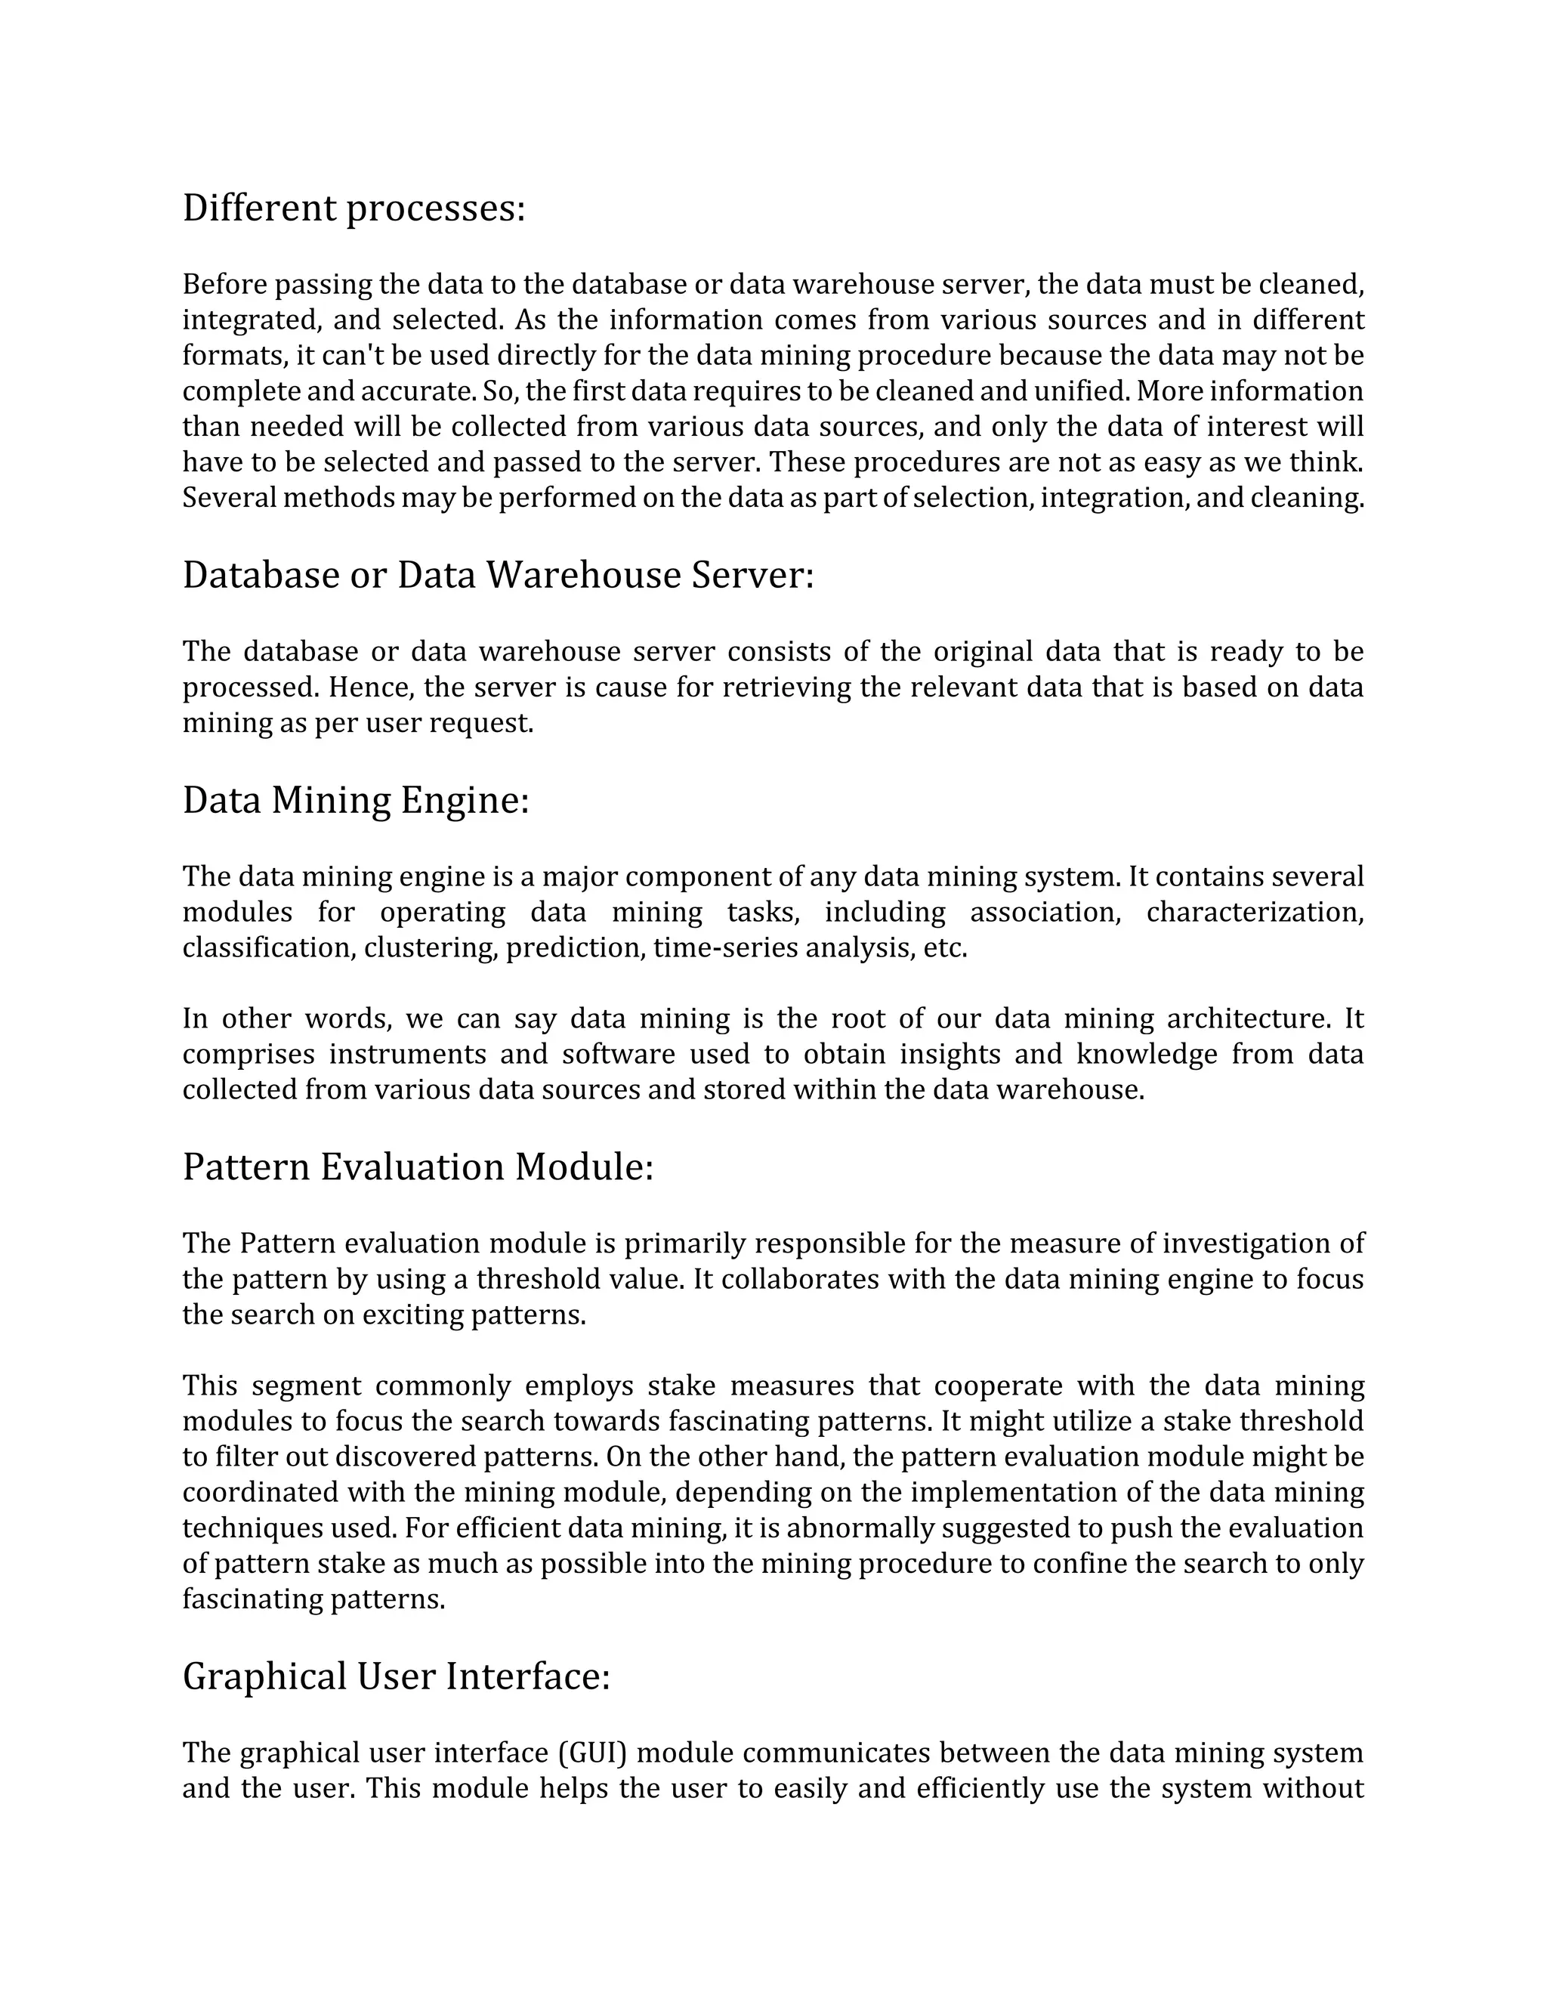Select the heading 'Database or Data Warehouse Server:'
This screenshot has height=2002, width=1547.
click(x=498, y=576)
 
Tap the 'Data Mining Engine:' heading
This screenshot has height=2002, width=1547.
click(x=356, y=800)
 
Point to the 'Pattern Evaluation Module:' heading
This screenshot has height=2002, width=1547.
click(x=418, y=1167)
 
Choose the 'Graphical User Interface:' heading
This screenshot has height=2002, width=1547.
click(x=396, y=1676)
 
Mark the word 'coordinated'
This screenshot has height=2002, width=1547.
click(x=261, y=1492)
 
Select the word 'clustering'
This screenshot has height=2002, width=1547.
click(x=431, y=948)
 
